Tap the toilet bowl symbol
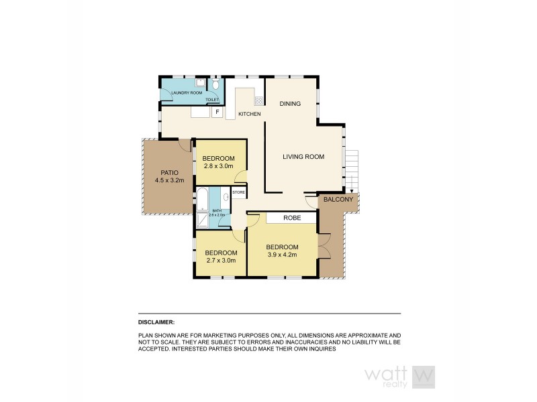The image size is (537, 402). coord(214,86)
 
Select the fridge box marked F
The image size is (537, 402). coord(217,112)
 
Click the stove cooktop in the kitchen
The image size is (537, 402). coord(258,102)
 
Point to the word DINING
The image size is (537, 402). coord(290,103)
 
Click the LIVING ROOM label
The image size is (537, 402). coord(303,157)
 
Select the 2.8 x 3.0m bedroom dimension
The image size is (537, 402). coord(218,166)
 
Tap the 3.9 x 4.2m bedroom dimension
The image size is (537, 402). coord(282,255)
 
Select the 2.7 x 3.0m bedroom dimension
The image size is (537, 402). coord(220,261)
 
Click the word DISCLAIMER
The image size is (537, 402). coord(156,322)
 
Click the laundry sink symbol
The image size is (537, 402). coord(200,83)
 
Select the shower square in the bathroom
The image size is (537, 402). coord(202,219)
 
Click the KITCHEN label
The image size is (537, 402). coord(249,114)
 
